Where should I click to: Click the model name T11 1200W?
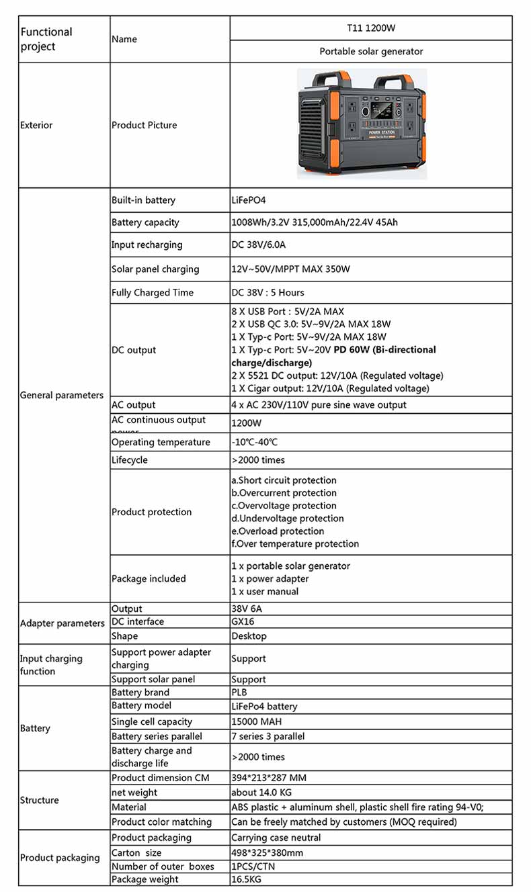tap(371, 28)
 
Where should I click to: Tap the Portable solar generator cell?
tap(371, 51)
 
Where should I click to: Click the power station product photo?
tap(362, 124)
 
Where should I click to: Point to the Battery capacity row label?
tap(145, 222)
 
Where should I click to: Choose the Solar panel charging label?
tap(155, 269)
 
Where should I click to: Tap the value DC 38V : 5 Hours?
tap(268, 293)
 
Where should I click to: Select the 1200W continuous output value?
tap(246, 424)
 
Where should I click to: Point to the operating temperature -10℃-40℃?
tap(254, 443)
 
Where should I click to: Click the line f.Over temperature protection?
tap(295, 544)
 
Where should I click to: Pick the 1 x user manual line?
tap(265, 592)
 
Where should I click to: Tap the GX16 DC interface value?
tap(243, 622)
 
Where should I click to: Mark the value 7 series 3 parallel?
tap(268, 737)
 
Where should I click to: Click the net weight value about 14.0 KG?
tap(261, 793)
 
